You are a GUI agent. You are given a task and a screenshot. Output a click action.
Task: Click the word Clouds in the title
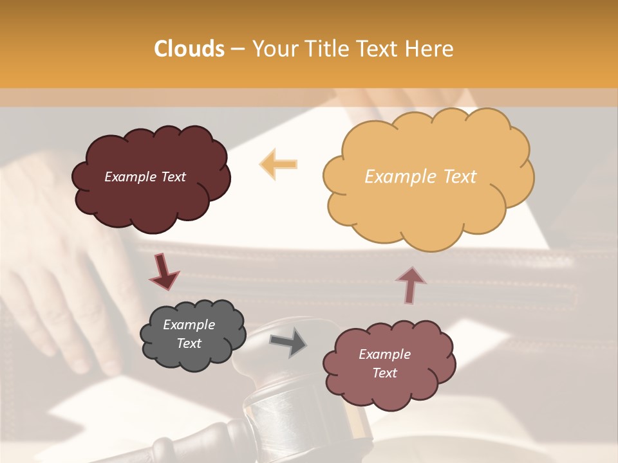pos(189,49)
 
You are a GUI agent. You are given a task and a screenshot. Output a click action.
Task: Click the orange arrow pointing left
pos(278,164)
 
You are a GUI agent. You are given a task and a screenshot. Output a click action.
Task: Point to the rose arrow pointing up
pos(411,284)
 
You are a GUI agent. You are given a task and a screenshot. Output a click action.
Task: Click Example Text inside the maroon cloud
pos(145,177)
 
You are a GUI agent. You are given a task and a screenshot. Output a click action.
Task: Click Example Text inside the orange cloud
pos(420,177)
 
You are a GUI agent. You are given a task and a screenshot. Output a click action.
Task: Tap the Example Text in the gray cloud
pos(189,334)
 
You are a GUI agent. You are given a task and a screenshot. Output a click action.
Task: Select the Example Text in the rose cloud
pos(384,363)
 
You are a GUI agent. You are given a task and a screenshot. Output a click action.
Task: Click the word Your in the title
pos(275,49)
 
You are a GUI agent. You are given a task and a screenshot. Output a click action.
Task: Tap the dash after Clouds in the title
pos(237,49)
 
